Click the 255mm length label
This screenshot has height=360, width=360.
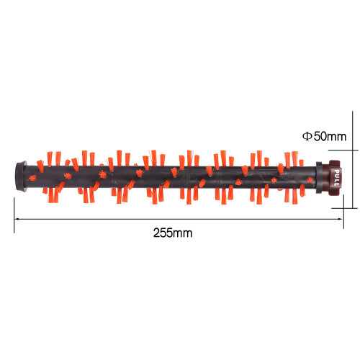[x=173, y=233]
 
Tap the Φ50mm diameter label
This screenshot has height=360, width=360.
[x=324, y=136]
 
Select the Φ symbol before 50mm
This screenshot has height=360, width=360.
[x=307, y=136]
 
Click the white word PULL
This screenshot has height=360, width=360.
[x=337, y=178]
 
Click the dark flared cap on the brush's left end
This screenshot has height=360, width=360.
[x=21, y=176]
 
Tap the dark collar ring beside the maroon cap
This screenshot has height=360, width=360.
[x=319, y=178]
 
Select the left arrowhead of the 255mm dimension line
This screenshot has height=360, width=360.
[x=17, y=219]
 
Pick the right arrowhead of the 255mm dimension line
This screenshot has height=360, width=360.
[x=340, y=219]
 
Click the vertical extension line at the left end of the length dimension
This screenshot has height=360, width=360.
[x=14, y=215]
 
